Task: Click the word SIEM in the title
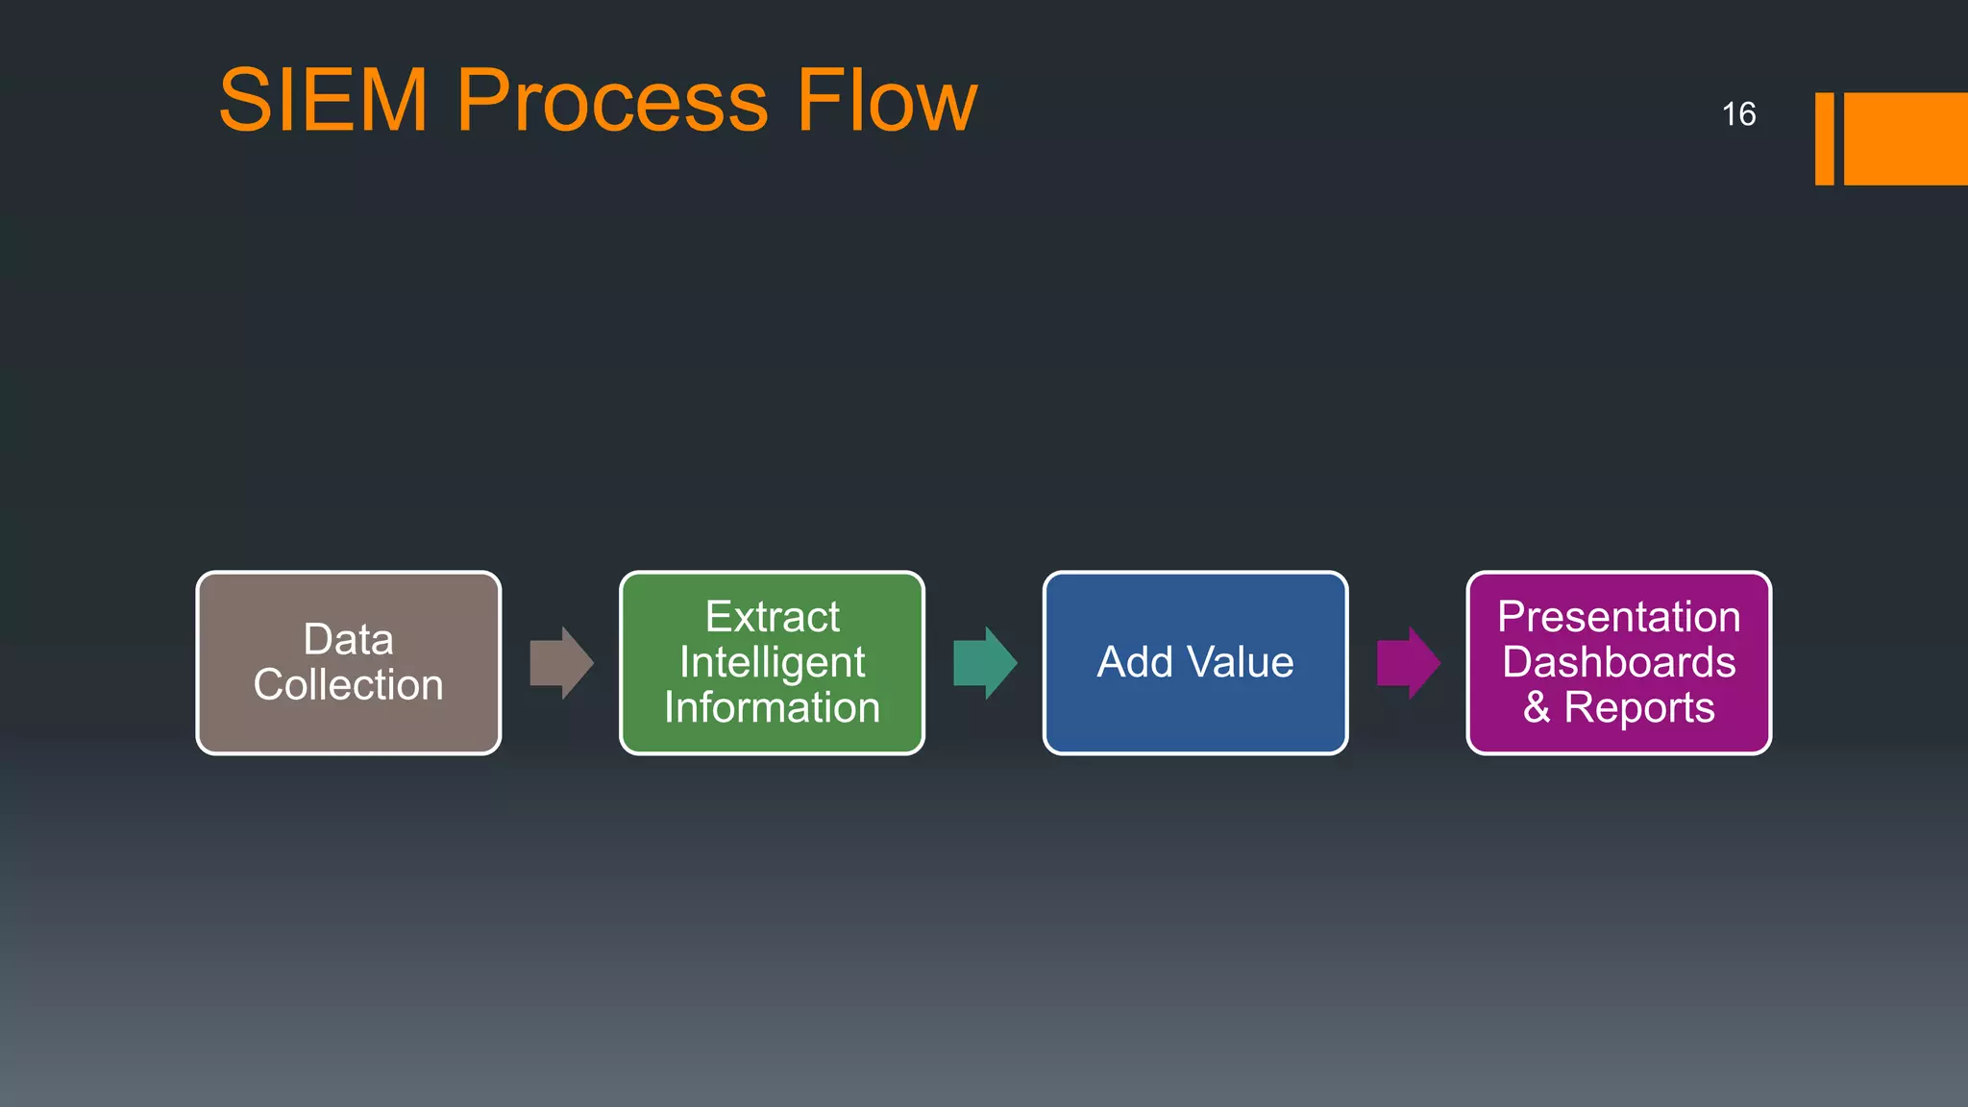(x=323, y=100)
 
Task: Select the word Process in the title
(x=612, y=100)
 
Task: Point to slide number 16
(x=1738, y=114)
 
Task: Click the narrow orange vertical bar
(x=1824, y=138)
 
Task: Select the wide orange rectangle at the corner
(x=1906, y=138)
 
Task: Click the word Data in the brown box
(x=348, y=640)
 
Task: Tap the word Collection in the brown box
(x=348, y=685)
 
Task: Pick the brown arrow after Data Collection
(x=562, y=663)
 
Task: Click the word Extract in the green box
(x=772, y=617)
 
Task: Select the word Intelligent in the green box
(x=772, y=662)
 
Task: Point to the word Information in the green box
(x=772, y=708)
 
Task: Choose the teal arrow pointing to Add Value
(x=985, y=663)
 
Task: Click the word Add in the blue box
(x=1135, y=663)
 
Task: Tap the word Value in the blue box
(x=1241, y=663)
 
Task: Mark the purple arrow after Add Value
(x=1409, y=663)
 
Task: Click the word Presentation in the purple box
(x=1618, y=617)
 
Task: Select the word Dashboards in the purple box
(x=1618, y=662)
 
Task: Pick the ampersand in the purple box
(x=1537, y=708)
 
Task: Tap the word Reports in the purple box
(x=1639, y=708)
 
